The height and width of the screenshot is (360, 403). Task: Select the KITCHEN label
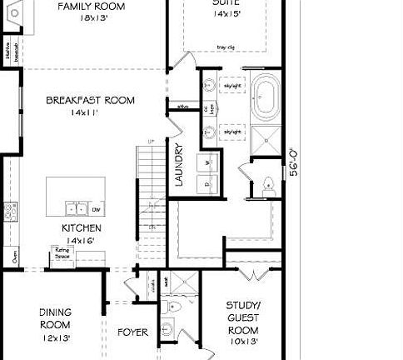click(x=82, y=227)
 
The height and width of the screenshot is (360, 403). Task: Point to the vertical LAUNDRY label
click(x=178, y=165)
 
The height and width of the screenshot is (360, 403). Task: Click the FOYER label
click(x=132, y=332)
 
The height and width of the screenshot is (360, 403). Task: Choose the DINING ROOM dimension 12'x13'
click(x=55, y=338)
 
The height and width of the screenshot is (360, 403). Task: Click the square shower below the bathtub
click(x=266, y=142)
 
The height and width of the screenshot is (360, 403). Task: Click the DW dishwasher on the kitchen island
click(x=96, y=208)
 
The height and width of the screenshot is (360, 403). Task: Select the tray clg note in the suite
click(x=225, y=47)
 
